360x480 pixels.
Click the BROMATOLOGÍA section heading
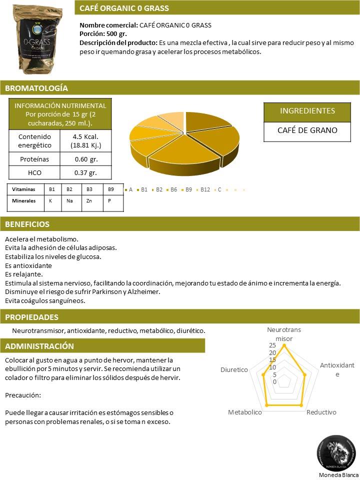[x=36, y=88]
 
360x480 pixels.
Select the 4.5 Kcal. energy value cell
[x=85, y=141]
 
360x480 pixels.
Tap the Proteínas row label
[x=34, y=159]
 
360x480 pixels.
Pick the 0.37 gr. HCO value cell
[x=85, y=172]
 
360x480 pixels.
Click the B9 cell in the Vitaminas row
[x=111, y=190]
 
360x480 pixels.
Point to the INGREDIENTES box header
[x=307, y=111]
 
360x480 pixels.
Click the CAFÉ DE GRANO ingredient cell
[x=307, y=130]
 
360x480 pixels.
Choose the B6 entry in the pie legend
[x=174, y=190]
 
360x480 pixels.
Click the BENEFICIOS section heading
[x=27, y=224]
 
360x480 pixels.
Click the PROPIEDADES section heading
[x=31, y=317]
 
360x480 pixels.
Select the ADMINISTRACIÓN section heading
[x=39, y=346]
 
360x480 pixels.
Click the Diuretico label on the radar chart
[x=234, y=370]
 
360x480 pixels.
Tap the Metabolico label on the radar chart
[x=245, y=412]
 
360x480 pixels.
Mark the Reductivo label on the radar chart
[x=321, y=412]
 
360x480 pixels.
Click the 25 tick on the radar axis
[x=272, y=345]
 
